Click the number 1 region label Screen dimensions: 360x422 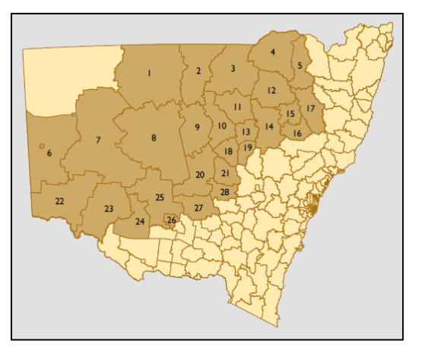click(x=150, y=73)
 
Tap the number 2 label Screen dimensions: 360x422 click(x=198, y=71)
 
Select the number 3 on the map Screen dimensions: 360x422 click(x=233, y=69)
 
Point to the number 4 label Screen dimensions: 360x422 click(x=272, y=52)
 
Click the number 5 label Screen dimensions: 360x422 click(x=300, y=66)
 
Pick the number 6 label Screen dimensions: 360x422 click(x=49, y=153)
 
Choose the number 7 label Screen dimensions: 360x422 click(x=98, y=141)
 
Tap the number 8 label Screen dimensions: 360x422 click(x=154, y=137)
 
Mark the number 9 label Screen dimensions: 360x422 click(x=197, y=127)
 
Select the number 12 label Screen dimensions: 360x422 click(x=271, y=90)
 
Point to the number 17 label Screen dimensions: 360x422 click(x=310, y=109)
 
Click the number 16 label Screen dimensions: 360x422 click(x=297, y=134)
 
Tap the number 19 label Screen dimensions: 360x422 click(x=248, y=147)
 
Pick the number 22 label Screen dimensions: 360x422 click(x=59, y=201)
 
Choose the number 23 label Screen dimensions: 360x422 click(x=109, y=209)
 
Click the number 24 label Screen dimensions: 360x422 click(x=140, y=222)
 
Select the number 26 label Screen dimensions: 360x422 click(x=171, y=221)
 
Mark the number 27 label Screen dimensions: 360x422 click(x=198, y=208)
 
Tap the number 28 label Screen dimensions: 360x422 click(x=224, y=192)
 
